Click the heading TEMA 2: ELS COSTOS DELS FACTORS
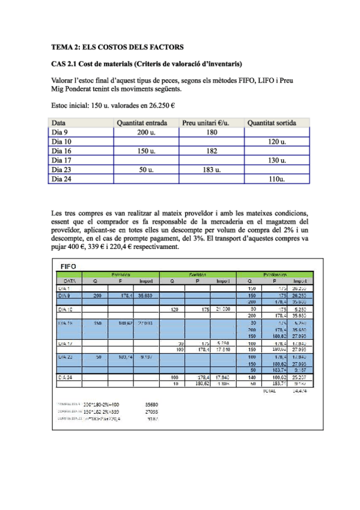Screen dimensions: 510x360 (x=117, y=46)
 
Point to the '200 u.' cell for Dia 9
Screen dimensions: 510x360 (x=146, y=132)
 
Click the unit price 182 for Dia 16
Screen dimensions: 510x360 (x=212, y=150)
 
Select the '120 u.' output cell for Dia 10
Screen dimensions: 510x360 (x=276, y=141)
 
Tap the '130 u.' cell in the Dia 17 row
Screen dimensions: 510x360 (x=276, y=160)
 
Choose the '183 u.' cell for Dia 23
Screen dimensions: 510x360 (x=212, y=170)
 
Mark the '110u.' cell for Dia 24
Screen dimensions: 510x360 (x=276, y=179)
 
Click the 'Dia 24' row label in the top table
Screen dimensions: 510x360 (x=61, y=179)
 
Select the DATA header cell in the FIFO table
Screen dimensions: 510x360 (x=69, y=280)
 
